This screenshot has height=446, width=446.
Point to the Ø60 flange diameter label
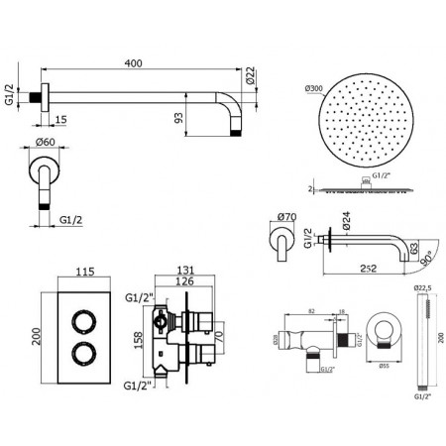tap(45, 143)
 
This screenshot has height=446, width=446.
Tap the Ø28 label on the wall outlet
tap(273, 341)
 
